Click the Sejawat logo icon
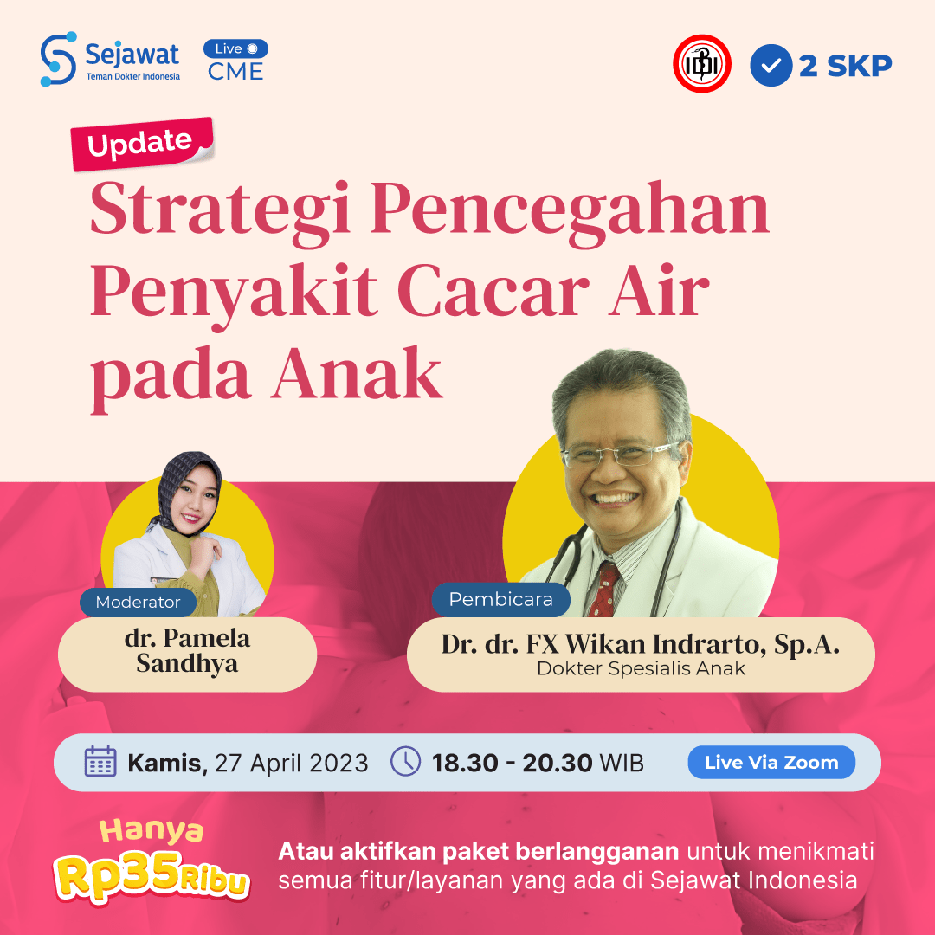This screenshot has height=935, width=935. pyautogui.click(x=58, y=59)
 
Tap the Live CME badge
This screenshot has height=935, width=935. pyautogui.click(x=235, y=61)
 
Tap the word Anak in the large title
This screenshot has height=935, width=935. pyautogui.click(x=356, y=374)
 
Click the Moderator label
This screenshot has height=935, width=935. pyautogui.click(x=138, y=602)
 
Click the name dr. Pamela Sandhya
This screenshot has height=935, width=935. pyautogui.click(x=187, y=652)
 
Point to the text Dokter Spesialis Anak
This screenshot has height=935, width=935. pyautogui.click(x=641, y=668)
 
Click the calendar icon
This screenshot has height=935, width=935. pyautogui.click(x=100, y=762)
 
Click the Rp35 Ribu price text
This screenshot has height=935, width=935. pyautogui.click(x=152, y=875)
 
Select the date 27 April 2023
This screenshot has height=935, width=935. pyautogui.click(x=291, y=763)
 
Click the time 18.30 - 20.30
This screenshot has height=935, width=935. pyautogui.click(x=513, y=763)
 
